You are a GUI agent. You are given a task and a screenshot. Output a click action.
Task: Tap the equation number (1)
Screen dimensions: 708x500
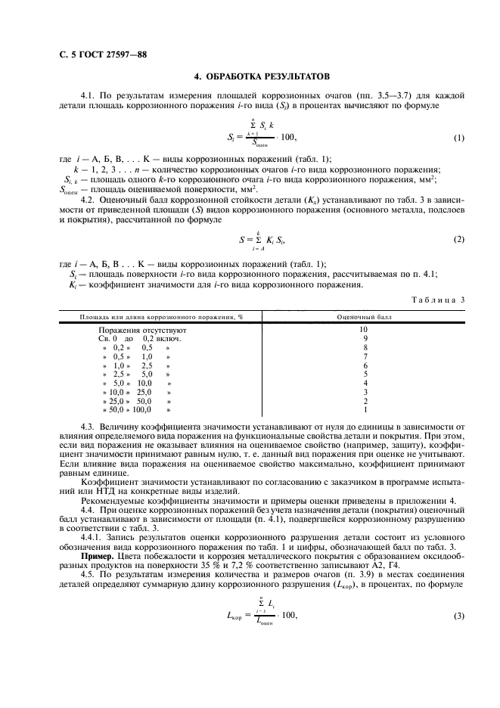tap(458, 138)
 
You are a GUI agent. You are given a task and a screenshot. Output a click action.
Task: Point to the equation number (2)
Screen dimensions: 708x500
tap(458, 239)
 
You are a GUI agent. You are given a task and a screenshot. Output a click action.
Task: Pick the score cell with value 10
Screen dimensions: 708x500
tap(364, 330)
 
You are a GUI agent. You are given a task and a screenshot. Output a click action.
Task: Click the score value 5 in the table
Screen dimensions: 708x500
tap(365, 374)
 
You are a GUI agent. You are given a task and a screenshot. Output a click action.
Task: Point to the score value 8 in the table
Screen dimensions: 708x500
tap(365, 347)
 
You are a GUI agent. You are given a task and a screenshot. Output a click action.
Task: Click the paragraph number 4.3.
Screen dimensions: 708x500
tap(89, 428)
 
